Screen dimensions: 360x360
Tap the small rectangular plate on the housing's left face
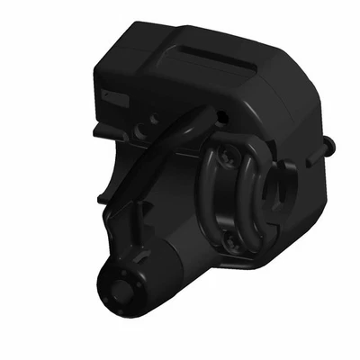pyautogui.click(x=115, y=95)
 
